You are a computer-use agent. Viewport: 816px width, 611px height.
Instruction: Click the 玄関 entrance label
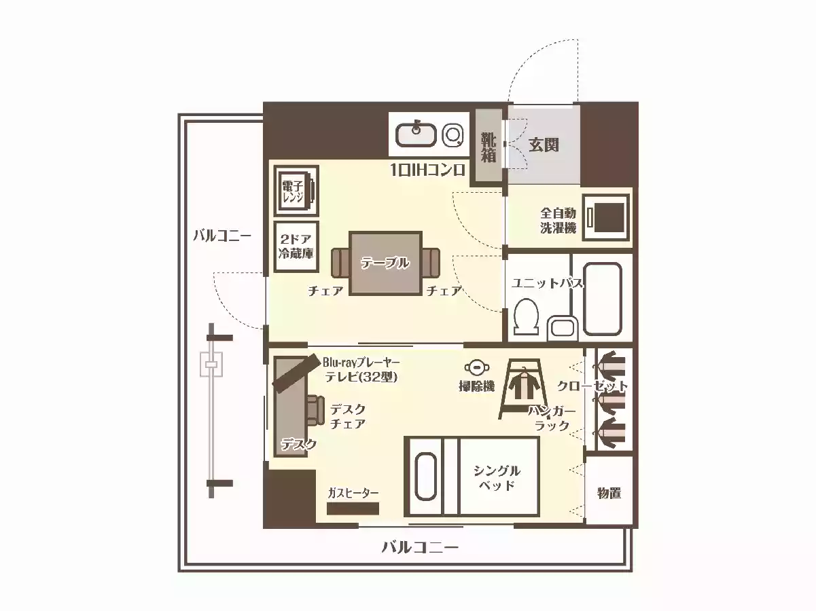tap(544, 145)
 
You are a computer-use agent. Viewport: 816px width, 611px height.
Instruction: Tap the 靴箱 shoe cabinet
tap(489, 145)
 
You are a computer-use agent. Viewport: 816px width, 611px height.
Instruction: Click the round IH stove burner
tap(453, 135)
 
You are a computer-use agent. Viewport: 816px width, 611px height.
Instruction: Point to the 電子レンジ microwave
tap(296, 191)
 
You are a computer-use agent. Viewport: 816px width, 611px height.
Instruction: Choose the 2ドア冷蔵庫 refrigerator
tap(296, 247)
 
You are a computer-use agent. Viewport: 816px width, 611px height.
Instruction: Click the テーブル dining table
tap(385, 263)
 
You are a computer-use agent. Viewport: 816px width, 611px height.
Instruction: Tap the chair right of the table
tap(431, 263)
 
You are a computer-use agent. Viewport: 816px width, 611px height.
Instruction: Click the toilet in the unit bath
tap(526, 316)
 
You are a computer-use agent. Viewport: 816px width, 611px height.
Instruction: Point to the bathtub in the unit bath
tap(602, 299)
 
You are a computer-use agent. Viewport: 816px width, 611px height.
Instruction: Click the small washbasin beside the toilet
tap(563, 329)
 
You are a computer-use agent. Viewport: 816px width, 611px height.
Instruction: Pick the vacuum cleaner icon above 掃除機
tap(476, 367)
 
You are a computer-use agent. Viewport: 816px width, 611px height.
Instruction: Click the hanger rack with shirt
tap(524, 388)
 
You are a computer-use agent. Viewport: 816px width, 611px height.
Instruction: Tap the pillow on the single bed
tap(425, 477)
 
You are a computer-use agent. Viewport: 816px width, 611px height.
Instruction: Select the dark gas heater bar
tap(353, 508)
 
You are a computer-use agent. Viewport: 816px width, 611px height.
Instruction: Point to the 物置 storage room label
tap(609, 494)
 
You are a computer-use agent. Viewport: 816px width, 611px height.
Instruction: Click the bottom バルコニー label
tap(420, 547)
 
